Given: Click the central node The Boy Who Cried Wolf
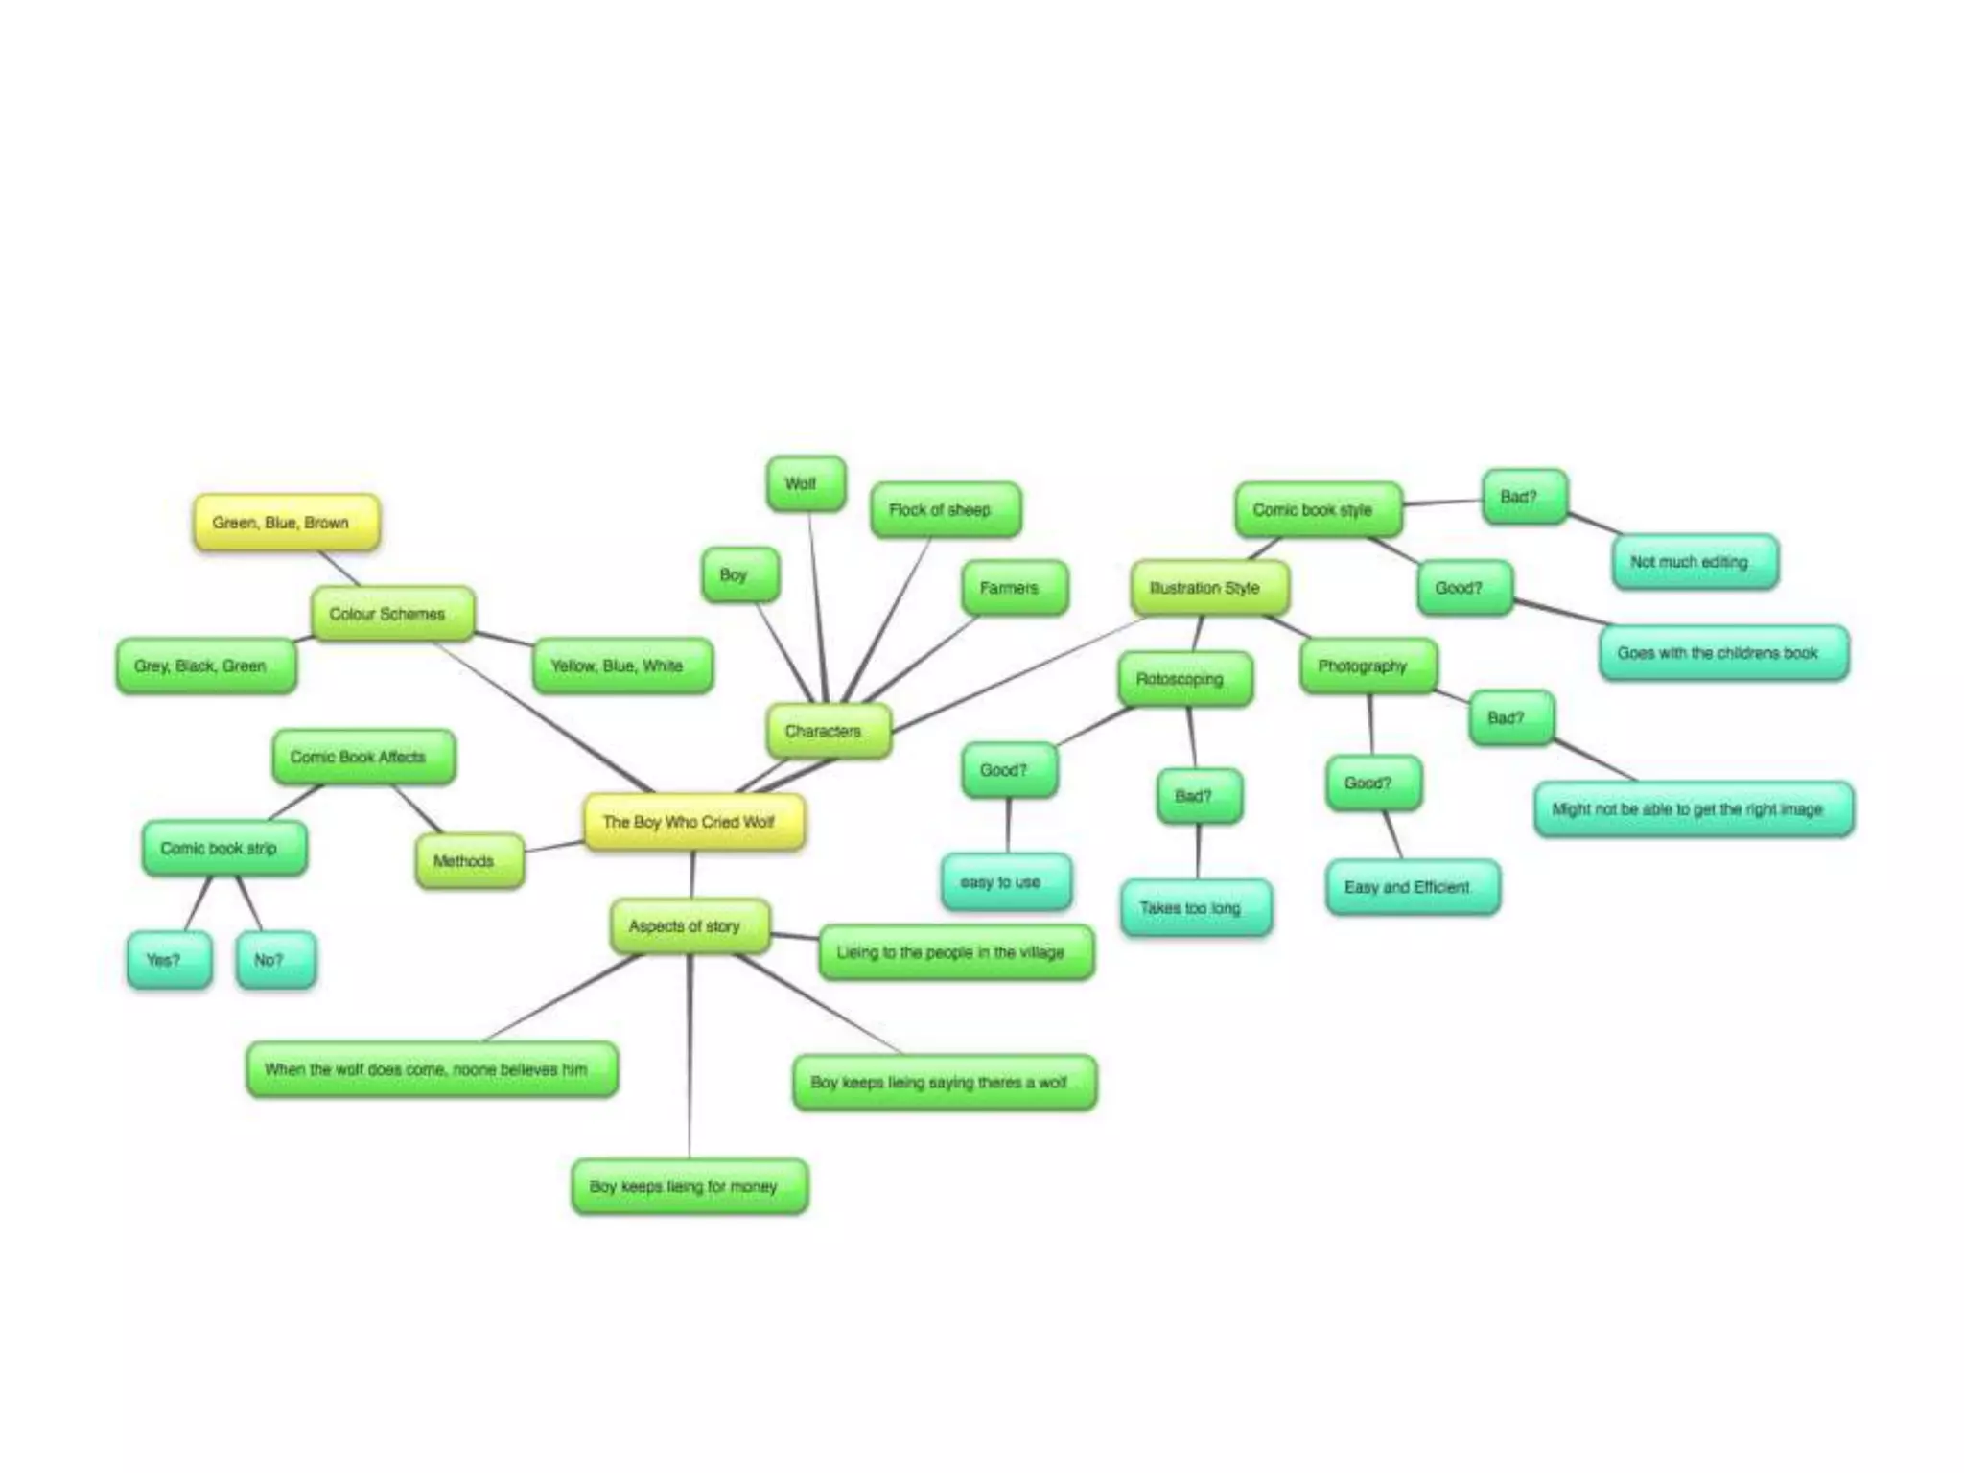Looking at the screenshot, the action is click(x=694, y=822).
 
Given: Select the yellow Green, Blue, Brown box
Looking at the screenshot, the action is click(x=287, y=523).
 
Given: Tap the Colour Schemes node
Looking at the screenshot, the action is click(x=393, y=614).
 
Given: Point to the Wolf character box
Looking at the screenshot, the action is click(x=806, y=483).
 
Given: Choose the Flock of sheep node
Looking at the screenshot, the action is click(x=946, y=509).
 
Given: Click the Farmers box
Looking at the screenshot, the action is click(x=1015, y=588).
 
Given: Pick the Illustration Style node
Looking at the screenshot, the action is click(x=1210, y=588).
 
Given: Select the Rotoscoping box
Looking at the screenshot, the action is click(x=1185, y=679).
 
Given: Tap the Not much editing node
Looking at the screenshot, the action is click(x=1695, y=562).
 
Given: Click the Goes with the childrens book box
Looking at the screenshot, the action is click(x=1724, y=653).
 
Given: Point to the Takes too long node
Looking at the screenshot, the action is click(x=1196, y=907).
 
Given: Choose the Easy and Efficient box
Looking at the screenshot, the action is click(x=1413, y=887).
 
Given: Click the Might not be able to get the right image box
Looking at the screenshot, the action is click(x=1694, y=809).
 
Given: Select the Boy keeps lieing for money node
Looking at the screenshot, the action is click(x=690, y=1186).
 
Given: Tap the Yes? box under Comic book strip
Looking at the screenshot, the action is click(x=169, y=960).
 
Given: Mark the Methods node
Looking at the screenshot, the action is click(x=470, y=861).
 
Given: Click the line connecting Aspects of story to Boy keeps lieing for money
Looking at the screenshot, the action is click(x=690, y=1057).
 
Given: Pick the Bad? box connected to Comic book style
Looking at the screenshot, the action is click(x=1525, y=497).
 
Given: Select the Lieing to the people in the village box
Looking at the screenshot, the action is click(x=956, y=952).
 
